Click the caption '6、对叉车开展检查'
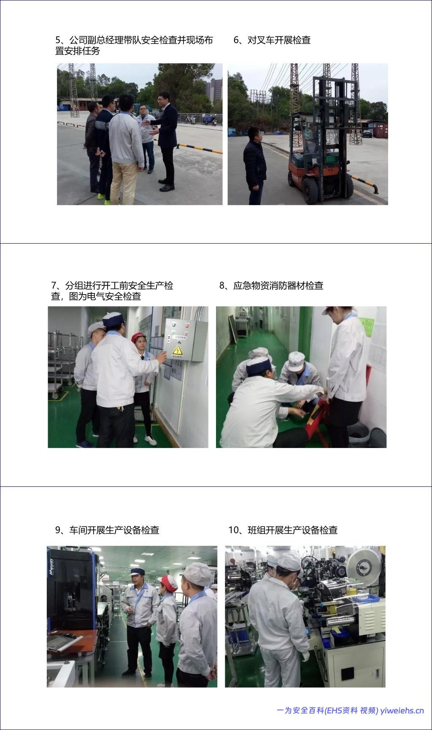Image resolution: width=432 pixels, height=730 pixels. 272,40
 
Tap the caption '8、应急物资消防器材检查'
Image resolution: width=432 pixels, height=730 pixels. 271,285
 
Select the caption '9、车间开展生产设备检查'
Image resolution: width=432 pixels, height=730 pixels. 107,530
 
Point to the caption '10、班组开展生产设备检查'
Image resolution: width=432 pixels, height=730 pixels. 283,530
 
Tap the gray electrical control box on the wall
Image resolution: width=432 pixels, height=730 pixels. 186,340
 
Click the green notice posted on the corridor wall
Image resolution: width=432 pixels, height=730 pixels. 367,327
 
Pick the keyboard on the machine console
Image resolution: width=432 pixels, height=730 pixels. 63,642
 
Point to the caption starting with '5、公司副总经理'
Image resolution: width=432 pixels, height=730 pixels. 134,46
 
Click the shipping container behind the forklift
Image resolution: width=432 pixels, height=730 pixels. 379,129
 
